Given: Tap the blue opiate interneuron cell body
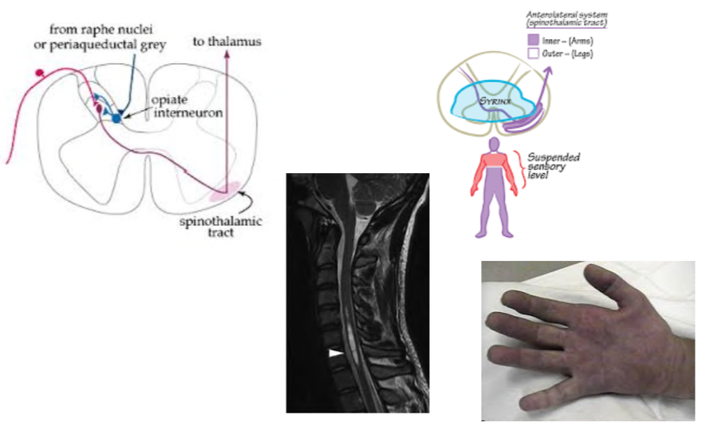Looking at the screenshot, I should pyautogui.click(x=117, y=117).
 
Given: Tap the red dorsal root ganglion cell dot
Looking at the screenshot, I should pyautogui.click(x=39, y=74).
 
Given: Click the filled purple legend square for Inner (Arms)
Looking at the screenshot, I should pyautogui.click(x=532, y=39).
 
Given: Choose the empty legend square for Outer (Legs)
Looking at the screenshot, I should pyautogui.click(x=532, y=53).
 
